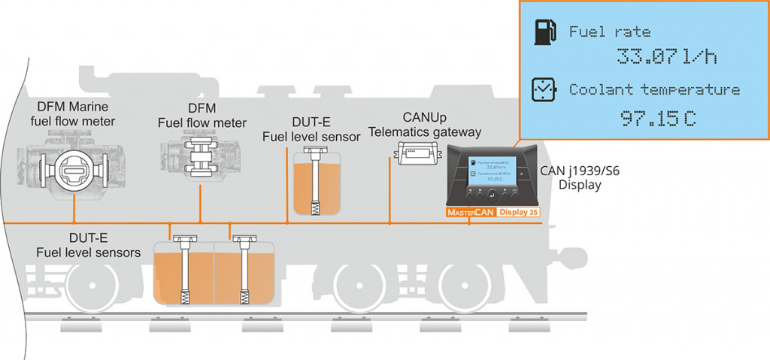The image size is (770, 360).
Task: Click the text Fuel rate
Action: coord(609,32)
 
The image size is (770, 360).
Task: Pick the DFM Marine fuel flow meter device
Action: coord(76,166)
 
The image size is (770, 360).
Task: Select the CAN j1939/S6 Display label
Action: coord(579,177)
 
